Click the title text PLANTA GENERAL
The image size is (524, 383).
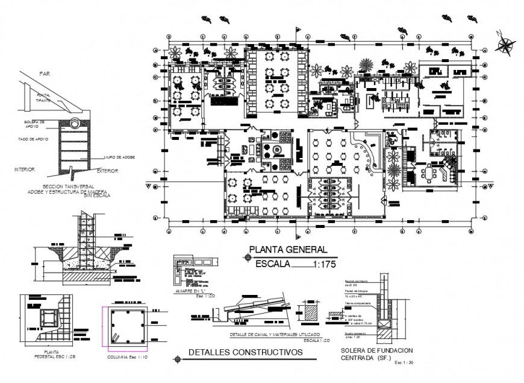(289, 250)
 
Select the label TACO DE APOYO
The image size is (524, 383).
(33, 139)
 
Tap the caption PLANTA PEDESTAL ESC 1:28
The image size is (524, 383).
(50, 357)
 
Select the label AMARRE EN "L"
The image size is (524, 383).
(189, 291)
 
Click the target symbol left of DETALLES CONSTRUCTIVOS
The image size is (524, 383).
(176, 359)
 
